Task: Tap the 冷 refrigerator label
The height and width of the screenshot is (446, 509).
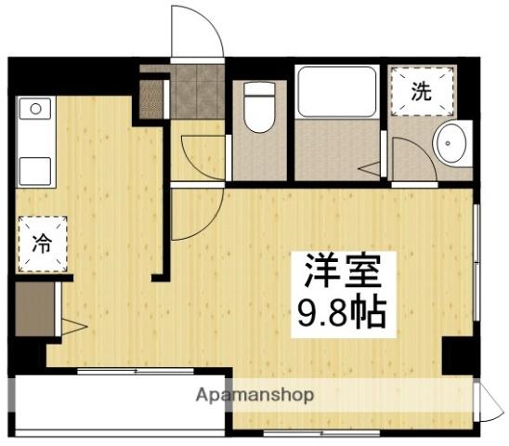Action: click(43, 243)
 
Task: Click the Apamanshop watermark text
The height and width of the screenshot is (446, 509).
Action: click(254, 394)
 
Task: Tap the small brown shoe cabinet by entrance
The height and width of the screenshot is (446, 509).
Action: click(150, 98)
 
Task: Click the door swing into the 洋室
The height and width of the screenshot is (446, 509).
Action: click(196, 213)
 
